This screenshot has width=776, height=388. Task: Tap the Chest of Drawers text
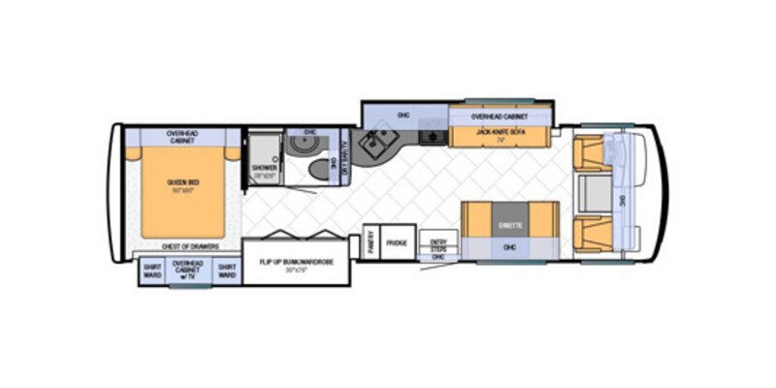[190, 247]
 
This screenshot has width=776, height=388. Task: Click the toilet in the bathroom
[317, 169]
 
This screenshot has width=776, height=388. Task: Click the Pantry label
[372, 243]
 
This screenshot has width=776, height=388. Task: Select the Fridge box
[396, 242]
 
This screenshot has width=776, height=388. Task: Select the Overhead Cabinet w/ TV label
[188, 271]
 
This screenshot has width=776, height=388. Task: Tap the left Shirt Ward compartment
[152, 271]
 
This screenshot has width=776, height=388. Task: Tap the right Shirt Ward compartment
[226, 271]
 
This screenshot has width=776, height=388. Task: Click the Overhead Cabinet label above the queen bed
[181, 137]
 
